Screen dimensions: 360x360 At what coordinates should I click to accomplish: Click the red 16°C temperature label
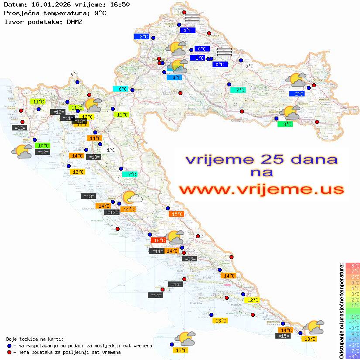pos(158,240)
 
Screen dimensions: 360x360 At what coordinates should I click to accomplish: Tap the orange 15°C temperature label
pos(177,214)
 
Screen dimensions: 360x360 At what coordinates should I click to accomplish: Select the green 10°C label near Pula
pos(43,146)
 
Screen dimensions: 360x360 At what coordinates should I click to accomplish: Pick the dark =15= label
pos(283,336)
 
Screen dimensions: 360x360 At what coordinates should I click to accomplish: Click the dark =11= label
pos(67,118)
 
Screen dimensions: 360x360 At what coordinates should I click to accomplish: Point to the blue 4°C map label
pos(174,78)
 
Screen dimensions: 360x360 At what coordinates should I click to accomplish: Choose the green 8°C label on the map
pos(285,124)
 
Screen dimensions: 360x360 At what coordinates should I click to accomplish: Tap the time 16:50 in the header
pos(119,5)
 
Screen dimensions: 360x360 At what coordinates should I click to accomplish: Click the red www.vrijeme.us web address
pos(261,190)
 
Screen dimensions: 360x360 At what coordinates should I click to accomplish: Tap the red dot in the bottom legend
pos(9,352)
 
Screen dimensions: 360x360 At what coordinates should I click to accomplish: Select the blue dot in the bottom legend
pos(9,346)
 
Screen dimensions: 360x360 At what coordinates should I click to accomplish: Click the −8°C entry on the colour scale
pos(352,356)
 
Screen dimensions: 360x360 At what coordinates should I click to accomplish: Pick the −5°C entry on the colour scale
pos(352,339)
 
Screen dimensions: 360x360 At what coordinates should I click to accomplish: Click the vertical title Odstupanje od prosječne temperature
pos(341,311)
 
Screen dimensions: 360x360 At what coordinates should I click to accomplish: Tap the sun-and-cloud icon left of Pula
pos(21,151)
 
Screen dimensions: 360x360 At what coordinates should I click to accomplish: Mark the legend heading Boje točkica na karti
pos(35,339)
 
